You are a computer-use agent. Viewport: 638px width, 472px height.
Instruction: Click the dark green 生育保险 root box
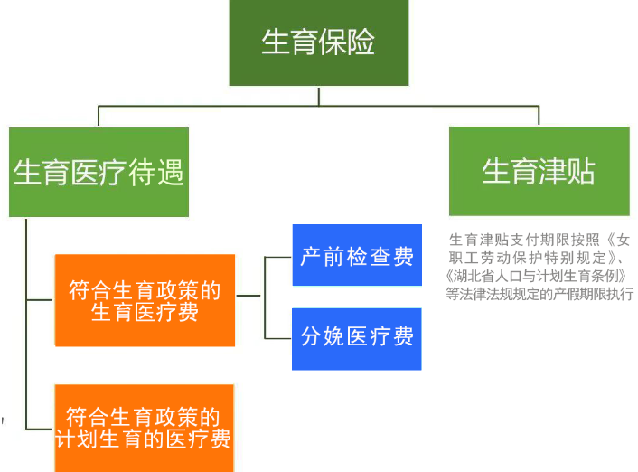318,43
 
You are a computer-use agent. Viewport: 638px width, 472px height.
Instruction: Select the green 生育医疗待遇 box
99,172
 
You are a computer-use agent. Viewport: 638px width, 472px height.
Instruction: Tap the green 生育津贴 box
539,172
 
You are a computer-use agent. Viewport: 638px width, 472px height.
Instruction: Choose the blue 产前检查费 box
357,256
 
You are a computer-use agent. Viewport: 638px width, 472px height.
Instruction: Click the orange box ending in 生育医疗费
145,300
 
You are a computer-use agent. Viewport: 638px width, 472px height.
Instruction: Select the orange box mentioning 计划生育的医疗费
145,428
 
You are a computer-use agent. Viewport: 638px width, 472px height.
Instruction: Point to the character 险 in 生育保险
361,42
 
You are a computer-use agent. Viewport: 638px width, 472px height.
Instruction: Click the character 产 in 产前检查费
312,256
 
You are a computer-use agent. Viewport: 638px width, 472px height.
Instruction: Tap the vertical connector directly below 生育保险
318,96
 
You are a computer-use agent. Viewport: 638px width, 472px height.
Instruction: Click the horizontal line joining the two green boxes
318,107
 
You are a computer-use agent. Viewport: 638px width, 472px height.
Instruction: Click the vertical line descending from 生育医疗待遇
28,316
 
